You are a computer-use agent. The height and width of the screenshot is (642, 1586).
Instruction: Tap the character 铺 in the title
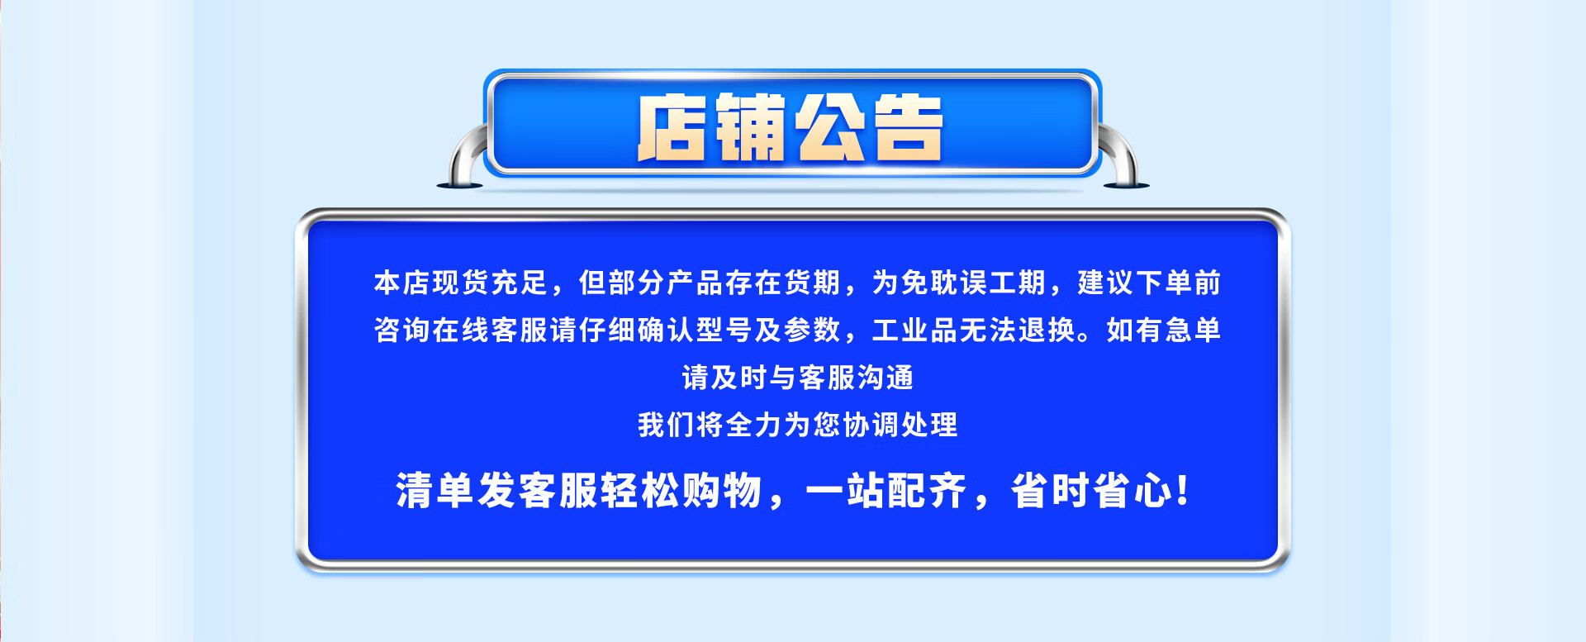(x=750, y=127)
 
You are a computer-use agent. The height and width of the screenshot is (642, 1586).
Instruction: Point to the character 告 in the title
(x=907, y=127)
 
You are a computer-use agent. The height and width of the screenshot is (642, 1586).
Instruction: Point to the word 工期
(x=1018, y=283)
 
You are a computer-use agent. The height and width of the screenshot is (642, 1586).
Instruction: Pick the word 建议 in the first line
(x=1106, y=283)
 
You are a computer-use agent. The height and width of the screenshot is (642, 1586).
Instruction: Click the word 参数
(x=813, y=330)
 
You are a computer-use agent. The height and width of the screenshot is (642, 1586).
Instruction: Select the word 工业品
(x=915, y=330)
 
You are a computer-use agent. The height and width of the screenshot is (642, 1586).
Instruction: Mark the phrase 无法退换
(x=1018, y=330)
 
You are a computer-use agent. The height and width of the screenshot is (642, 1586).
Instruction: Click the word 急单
(x=1194, y=330)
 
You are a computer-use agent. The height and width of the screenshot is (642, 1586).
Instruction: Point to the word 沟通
(x=886, y=378)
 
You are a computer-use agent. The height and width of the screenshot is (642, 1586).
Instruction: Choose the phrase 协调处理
(x=900, y=425)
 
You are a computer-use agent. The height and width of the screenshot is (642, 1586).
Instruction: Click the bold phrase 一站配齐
(x=886, y=491)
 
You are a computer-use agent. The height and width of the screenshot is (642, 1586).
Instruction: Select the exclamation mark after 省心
(x=1183, y=491)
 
